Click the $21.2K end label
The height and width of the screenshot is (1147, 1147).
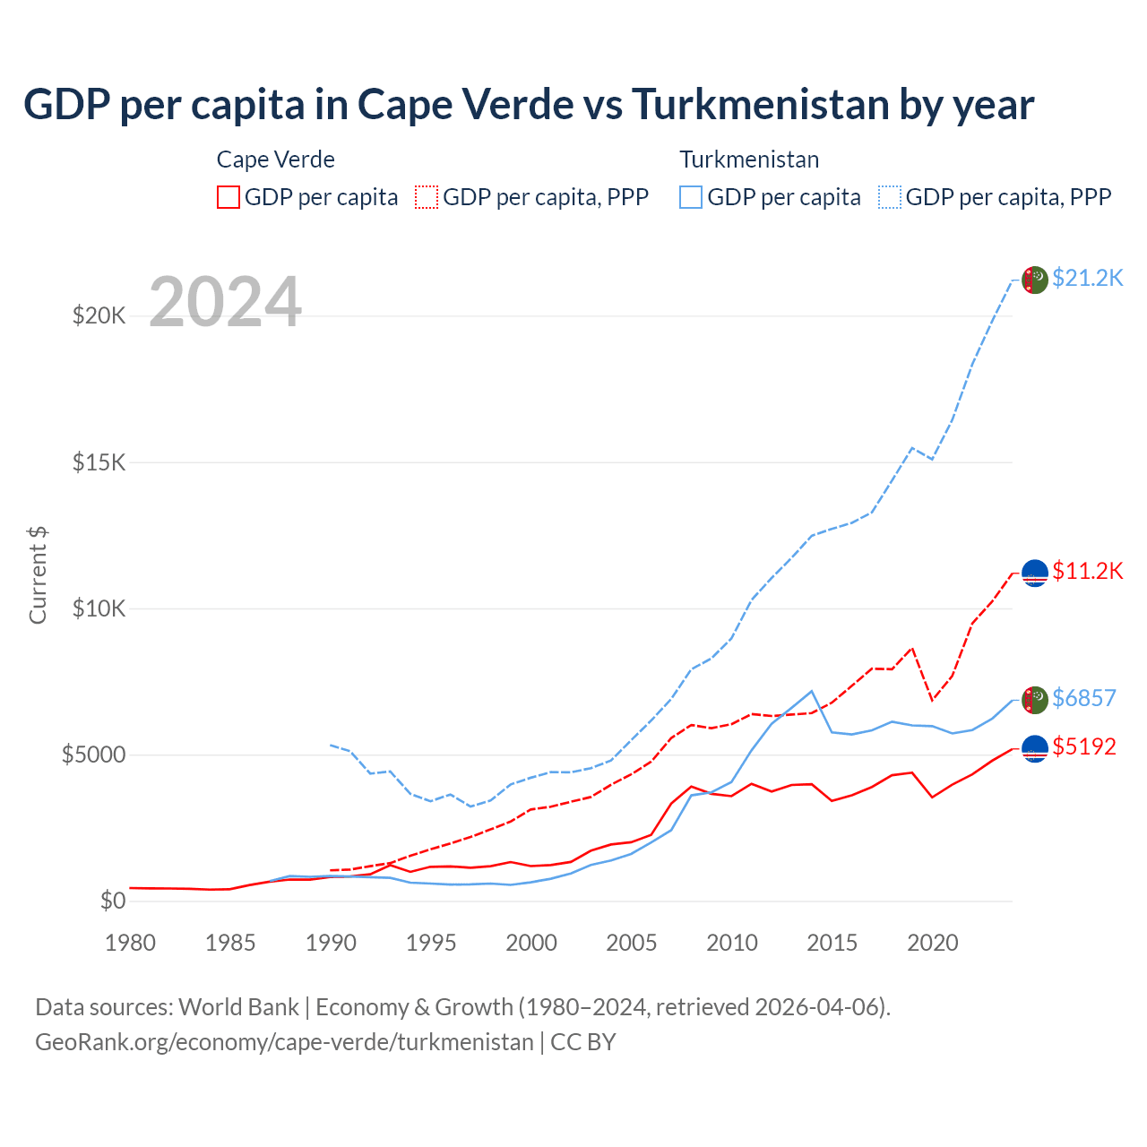[1087, 278]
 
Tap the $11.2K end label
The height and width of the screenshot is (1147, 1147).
[1087, 571]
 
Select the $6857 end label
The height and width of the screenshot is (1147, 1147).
[1083, 698]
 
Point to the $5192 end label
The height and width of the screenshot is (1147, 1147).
[1083, 746]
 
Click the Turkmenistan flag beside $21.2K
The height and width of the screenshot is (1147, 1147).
[1035, 280]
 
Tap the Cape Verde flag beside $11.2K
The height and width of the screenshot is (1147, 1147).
[1035, 573]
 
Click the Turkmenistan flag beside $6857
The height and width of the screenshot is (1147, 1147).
[1035, 700]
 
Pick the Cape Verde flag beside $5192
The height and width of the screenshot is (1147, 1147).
[1035, 748]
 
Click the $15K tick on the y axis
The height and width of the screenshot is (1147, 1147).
[99, 462]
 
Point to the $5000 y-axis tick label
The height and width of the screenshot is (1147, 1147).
[93, 755]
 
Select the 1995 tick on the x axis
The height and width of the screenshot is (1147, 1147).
[431, 943]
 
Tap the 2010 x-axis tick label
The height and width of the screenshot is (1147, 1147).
[732, 943]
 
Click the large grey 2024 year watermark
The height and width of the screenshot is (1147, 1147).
[225, 302]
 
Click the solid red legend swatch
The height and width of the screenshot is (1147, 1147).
[229, 197]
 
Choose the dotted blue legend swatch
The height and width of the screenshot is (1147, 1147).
[890, 197]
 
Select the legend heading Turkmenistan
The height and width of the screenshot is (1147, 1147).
[749, 160]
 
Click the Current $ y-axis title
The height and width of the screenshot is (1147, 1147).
[38, 575]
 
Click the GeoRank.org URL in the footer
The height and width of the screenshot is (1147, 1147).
[284, 1042]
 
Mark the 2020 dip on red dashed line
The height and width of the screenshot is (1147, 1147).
[933, 700]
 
